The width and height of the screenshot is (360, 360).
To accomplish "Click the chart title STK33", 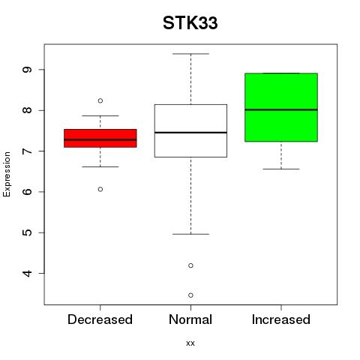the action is pos(190,23).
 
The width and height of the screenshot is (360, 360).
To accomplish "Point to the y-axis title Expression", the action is pos(7,174).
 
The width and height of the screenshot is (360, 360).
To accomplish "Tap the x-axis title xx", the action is pos(190,343).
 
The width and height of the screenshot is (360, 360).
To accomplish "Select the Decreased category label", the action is pos(100,319).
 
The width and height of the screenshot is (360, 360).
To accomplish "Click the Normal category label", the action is pos(190,319).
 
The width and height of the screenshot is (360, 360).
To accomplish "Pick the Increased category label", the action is pos(281,319).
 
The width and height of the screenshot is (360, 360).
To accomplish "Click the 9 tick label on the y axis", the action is pos(27,70).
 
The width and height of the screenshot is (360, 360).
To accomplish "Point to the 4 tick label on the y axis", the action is pos(27,274).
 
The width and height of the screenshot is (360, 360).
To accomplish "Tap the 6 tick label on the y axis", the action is pos(27,192).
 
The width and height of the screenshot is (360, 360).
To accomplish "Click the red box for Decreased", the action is pos(100,138).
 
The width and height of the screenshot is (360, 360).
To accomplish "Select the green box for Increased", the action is pos(281,107).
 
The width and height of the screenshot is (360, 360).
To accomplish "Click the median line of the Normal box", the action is pos(190,133).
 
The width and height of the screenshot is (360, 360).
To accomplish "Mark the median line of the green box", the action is pos(281,109).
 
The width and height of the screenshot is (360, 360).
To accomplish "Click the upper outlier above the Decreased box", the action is pos(100,100).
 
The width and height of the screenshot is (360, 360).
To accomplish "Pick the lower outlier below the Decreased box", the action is pos(100,189).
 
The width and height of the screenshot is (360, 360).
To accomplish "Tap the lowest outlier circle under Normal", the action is pos(190,295).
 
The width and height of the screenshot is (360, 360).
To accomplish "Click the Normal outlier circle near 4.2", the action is pos(190,265).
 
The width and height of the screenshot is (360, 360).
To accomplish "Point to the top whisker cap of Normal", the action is pos(190,54).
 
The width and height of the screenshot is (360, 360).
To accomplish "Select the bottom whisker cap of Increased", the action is pos(281,169).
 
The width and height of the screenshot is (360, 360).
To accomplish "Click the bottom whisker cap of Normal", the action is pos(190,234).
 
